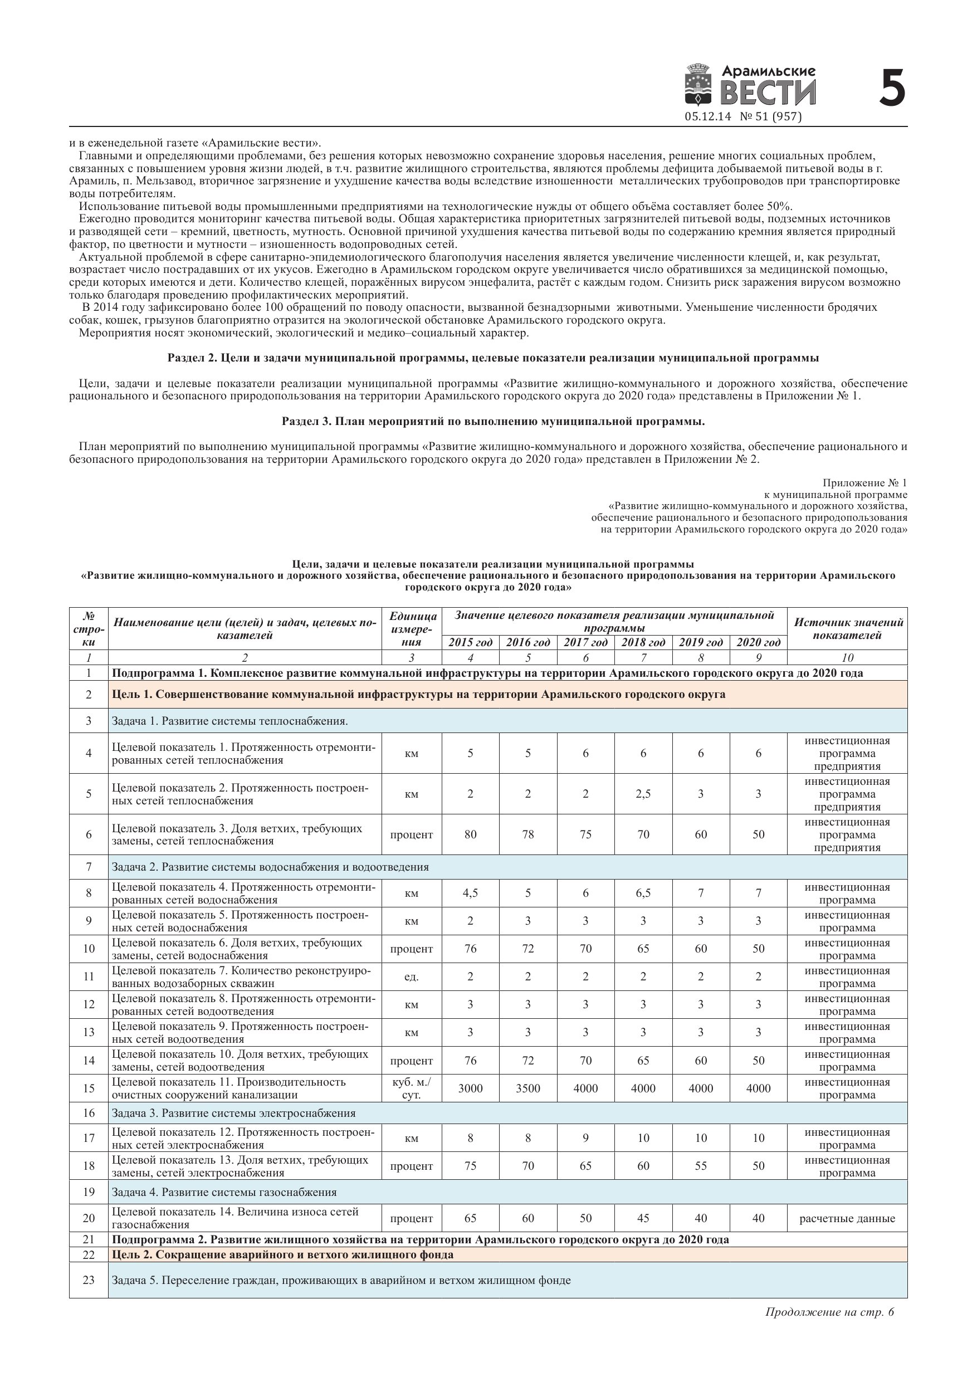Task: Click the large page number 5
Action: [x=892, y=89]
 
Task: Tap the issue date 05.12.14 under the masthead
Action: [x=707, y=117]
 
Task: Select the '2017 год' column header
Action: [x=585, y=642]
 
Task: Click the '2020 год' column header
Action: [x=758, y=642]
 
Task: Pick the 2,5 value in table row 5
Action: [x=643, y=794]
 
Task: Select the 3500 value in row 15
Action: [x=528, y=1088]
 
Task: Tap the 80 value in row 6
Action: [x=470, y=834]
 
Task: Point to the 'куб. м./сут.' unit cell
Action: [x=411, y=1088]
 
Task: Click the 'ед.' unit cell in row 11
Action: [x=411, y=977]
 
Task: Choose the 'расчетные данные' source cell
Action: [x=847, y=1219]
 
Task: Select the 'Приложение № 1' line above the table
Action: [x=864, y=483]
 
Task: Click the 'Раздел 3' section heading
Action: [x=493, y=421]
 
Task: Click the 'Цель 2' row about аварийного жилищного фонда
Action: [x=282, y=1255]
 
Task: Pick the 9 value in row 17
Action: [x=585, y=1138]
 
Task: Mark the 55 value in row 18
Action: [x=701, y=1166]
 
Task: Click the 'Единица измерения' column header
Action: [x=412, y=629]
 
